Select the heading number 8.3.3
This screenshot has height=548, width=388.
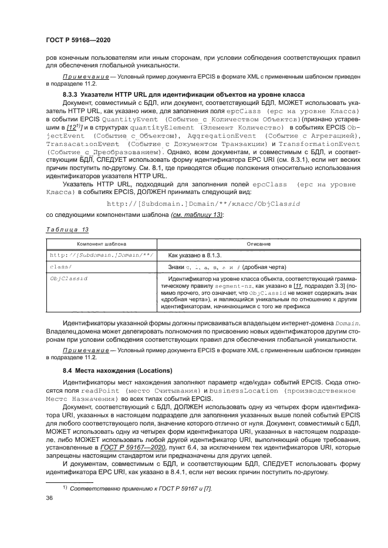(73, 94)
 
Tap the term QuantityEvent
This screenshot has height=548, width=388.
(128, 118)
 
